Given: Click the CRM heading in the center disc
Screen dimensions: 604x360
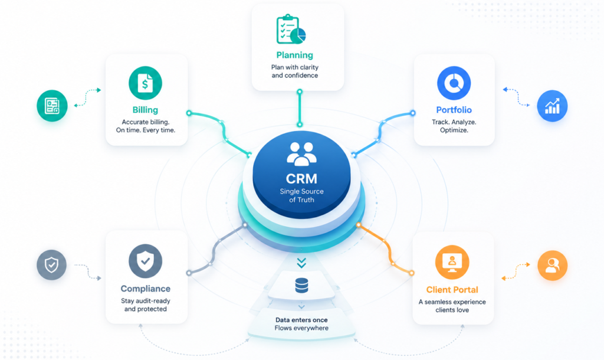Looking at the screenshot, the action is [301, 178].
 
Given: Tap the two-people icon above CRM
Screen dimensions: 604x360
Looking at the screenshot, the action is [301, 153].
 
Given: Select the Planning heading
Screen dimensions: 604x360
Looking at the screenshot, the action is [295, 55].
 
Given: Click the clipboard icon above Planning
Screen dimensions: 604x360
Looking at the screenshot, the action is [291, 30].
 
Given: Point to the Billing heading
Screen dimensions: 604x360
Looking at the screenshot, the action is [145, 110].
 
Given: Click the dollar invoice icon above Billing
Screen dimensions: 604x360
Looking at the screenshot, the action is [145, 83].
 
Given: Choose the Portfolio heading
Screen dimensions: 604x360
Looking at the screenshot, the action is [454, 110].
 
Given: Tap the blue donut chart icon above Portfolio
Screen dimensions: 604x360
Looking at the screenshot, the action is [454, 83].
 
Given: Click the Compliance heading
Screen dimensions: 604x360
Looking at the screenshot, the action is [145, 289].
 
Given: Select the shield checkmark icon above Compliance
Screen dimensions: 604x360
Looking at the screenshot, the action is [145, 261].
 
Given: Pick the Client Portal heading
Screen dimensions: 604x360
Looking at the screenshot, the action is [452, 290].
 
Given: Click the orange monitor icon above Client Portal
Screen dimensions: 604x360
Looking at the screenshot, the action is [452, 262].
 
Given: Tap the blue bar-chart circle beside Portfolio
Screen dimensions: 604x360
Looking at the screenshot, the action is [552, 106].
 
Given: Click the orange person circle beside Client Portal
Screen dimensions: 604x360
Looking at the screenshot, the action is [552, 265].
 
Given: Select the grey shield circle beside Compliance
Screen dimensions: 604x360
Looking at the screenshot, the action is [52, 265].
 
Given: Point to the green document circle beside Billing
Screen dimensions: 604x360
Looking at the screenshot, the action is [52, 106].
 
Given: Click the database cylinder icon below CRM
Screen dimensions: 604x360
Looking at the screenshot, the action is [301, 286].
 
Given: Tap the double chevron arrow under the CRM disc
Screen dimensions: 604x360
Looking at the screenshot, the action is [301, 263].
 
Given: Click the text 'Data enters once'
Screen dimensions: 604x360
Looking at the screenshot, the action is [301, 320].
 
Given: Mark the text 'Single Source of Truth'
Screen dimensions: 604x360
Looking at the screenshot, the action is [301, 195].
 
